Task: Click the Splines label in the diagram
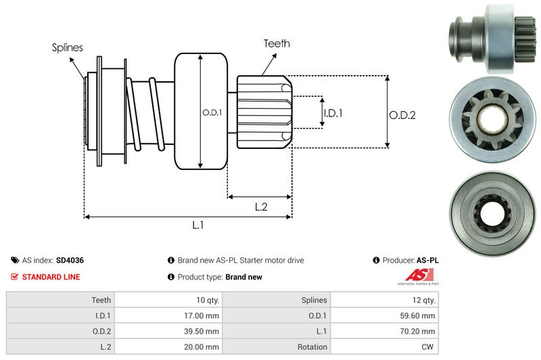pyautogui.click(x=67, y=47)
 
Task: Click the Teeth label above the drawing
pyautogui.click(x=277, y=43)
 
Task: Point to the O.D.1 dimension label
pyautogui.click(x=212, y=112)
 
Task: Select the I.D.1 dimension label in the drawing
pyautogui.click(x=333, y=113)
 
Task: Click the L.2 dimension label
pyautogui.click(x=261, y=208)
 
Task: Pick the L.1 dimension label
pyautogui.click(x=198, y=225)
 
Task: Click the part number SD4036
pyautogui.click(x=70, y=260)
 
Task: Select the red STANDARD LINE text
pyautogui.click(x=51, y=277)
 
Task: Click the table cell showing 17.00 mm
pyautogui.click(x=202, y=315)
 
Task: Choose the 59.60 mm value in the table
pyautogui.click(x=420, y=315)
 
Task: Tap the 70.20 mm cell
pyautogui.click(x=420, y=331)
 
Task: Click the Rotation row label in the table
pyautogui.click(x=313, y=346)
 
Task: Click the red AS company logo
pyautogui.click(x=413, y=275)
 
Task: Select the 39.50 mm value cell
pyautogui.click(x=202, y=331)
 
